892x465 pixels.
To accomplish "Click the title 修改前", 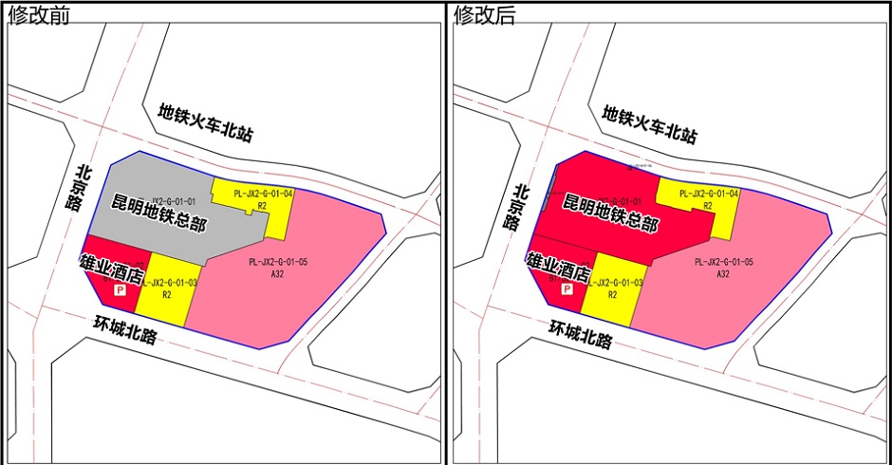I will click(39, 14).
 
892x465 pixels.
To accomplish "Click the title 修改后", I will click(485, 14).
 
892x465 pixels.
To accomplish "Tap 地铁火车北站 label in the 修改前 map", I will click(206, 122).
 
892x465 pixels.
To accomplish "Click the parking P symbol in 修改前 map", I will click(121, 291).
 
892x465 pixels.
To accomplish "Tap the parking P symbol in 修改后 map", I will click(567, 291).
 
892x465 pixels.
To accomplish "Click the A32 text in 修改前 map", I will click(278, 274).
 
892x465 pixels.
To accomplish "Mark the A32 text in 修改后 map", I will click(723, 274).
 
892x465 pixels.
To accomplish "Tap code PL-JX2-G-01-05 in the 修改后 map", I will click(724, 262).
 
